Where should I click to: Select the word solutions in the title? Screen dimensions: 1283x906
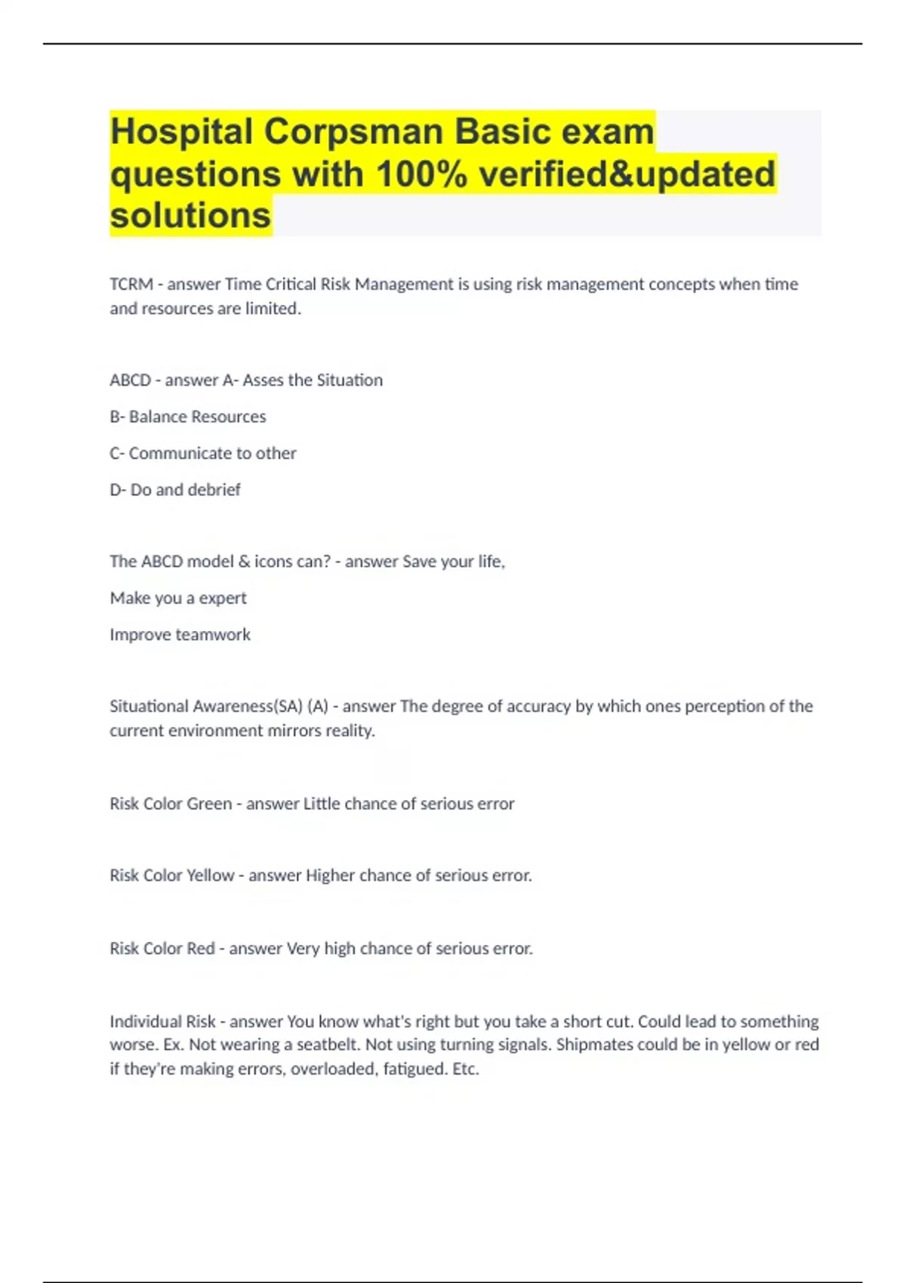click(190, 216)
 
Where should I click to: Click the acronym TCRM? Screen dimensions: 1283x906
click(131, 285)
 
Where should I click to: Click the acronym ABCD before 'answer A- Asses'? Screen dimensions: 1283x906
click(130, 380)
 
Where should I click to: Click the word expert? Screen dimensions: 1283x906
click(223, 598)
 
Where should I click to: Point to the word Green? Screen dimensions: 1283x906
click(209, 804)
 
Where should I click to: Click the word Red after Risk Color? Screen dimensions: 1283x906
click(200, 949)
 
